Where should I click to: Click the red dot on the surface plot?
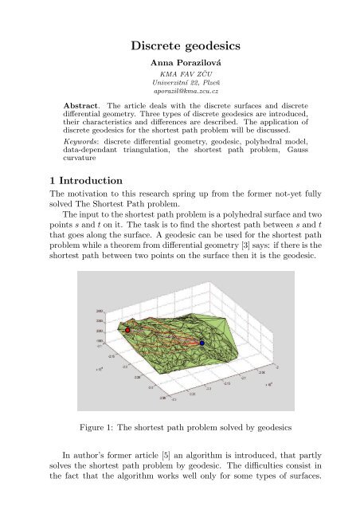tap(127, 328)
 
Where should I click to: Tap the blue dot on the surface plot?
tap(202, 343)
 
